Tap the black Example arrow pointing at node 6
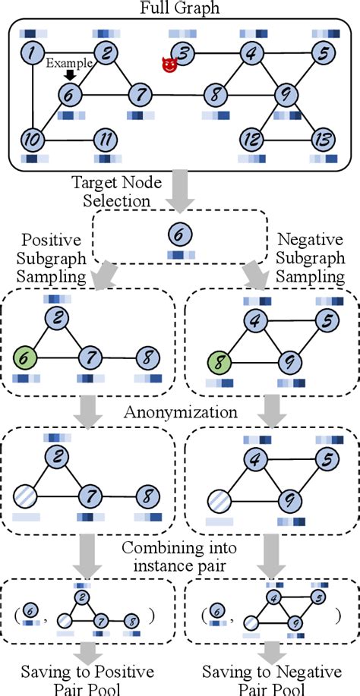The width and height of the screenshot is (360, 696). pyautogui.click(x=71, y=74)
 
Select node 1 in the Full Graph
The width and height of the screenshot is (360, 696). pyautogui.click(x=31, y=54)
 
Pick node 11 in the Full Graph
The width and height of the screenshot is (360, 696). pyautogui.click(x=105, y=140)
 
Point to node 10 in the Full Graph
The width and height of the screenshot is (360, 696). pyautogui.click(x=31, y=140)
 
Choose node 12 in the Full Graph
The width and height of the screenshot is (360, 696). pyautogui.click(x=253, y=140)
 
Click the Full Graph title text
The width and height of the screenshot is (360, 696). pyautogui.click(x=180, y=8)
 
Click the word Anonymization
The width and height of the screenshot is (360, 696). pyautogui.click(x=180, y=414)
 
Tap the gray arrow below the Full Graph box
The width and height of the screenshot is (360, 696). pyautogui.click(x=179, y=191)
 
